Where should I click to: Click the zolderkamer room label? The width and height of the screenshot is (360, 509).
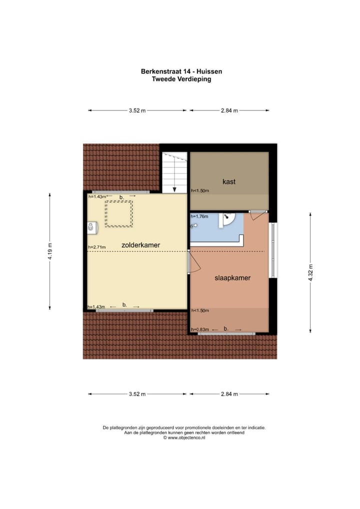click(140, 245)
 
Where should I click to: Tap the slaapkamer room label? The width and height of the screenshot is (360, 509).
click(232, 277)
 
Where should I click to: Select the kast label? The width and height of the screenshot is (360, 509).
click(229, 181)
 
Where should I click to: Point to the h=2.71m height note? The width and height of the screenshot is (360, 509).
click(97, 247)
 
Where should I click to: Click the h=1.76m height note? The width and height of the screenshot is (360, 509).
click(200, 216)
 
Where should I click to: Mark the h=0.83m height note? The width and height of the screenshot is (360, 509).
click(200, 329)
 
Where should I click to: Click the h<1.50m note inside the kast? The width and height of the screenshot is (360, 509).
click(200, 190)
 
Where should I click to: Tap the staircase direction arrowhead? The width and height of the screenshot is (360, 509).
click(174, 189)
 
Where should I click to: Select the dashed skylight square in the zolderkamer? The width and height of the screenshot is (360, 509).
click(118, 213)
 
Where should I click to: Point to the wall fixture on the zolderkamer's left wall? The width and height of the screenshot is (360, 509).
click(91, 227)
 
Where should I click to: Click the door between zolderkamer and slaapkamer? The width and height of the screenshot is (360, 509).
click(190, 262)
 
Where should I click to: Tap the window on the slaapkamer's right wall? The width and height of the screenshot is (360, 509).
click(272, 249)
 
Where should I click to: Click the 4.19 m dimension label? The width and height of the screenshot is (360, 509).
click(49, 251)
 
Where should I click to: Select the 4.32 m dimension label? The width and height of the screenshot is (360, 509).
click(310, 272)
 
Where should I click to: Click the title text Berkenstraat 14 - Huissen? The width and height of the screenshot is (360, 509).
click(181, 71)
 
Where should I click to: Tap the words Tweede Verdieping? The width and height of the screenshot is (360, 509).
click(181, 79)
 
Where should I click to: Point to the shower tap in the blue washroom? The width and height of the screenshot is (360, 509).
click(192, 225)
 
